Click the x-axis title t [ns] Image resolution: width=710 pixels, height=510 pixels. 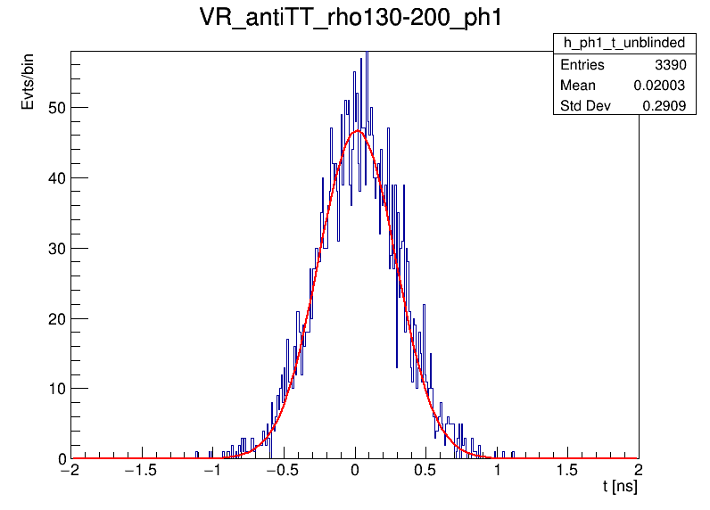pyautogui.click(x=619, y=488)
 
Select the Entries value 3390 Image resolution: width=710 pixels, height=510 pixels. pyautogui.click(x=673, y=65)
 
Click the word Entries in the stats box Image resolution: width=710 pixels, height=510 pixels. pyautogui.click(x=582, y=65)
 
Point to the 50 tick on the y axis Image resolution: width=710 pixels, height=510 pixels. pyautogui.click(x=55, y=108)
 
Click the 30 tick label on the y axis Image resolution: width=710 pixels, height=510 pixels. pyautogui.click(x=55, y=248)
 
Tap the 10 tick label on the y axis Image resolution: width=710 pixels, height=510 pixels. pyautogui.click(x=55, y=389)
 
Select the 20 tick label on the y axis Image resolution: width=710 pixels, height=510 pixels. pyautogui.click(x=55, y=318)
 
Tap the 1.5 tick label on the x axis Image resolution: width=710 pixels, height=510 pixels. pyautogui.click(x=567, y=472)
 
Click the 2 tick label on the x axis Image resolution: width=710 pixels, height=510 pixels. pyautogui.click(x=638, y=472)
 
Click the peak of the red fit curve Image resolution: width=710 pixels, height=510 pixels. pyautogui.click(x=358, y=131)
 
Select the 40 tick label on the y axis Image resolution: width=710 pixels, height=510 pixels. pyautogui.click(x=55, y=177)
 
